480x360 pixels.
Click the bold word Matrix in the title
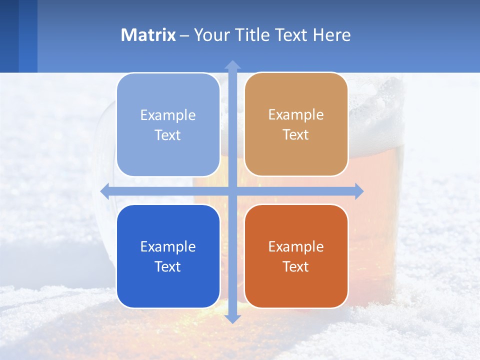pos(148,35)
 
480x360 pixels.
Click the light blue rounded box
pos(168,124)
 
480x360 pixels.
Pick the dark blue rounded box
pos(168,256)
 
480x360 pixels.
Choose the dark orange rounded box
pos(296,256)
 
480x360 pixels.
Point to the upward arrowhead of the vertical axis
pos(232,64)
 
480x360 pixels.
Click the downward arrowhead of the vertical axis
pos(232,319)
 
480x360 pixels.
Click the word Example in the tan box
pos(296,115)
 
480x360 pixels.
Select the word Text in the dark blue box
pos(168,266)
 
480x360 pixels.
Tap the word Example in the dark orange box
pos(296,246)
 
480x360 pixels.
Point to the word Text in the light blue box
pos(168,135)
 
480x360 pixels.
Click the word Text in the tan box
pos(296,135)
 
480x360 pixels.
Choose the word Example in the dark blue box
pos(168,246)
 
